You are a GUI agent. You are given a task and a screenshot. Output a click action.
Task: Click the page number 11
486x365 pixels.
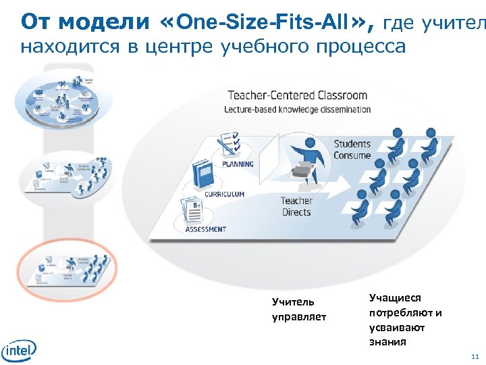tap(475, 356)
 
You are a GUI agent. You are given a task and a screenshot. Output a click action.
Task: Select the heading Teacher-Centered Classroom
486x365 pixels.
tap(297, 95)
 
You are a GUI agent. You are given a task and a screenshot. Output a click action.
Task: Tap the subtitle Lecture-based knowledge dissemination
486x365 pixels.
tap(297, 109)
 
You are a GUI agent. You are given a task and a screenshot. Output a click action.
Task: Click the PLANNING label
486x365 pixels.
tap(238, 164)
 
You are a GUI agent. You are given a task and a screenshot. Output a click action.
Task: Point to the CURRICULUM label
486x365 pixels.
tap(224, 195)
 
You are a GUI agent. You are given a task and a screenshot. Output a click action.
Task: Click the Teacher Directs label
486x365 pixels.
tap(296, 206)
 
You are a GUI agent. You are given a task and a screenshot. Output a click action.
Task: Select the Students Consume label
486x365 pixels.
tap(352, 149)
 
